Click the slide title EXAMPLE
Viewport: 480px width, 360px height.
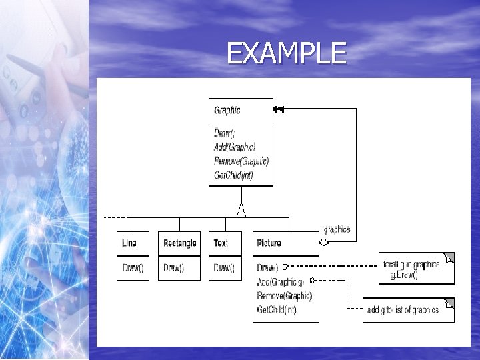tap(286, 53)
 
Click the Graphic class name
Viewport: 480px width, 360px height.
tap(227, 110)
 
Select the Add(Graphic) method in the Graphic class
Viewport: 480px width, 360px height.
tap(235, 147)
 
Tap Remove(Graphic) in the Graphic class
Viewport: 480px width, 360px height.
tap(241, 161)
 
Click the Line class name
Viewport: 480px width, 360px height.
tap(129, 243)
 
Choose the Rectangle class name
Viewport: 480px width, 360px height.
tap(180, 243)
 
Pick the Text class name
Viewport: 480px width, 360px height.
tap(221, 243)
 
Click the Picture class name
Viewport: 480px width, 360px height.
tap(269, 243)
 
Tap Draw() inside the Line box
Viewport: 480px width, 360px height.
tap(133, 268)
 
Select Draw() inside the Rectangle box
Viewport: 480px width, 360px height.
tap(174, 268)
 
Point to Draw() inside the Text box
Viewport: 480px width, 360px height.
tap(224, 268)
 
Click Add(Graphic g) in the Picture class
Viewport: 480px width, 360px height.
tap(280, 282)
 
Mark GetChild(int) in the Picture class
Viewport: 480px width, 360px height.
tap(277, 310)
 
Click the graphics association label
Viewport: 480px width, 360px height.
tap(336, 229)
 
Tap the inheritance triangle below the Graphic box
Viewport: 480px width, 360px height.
tap(241, 209)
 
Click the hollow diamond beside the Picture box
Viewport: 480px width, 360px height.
tap(324, 243)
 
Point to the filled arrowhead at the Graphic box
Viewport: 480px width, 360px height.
tap(279, 109)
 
